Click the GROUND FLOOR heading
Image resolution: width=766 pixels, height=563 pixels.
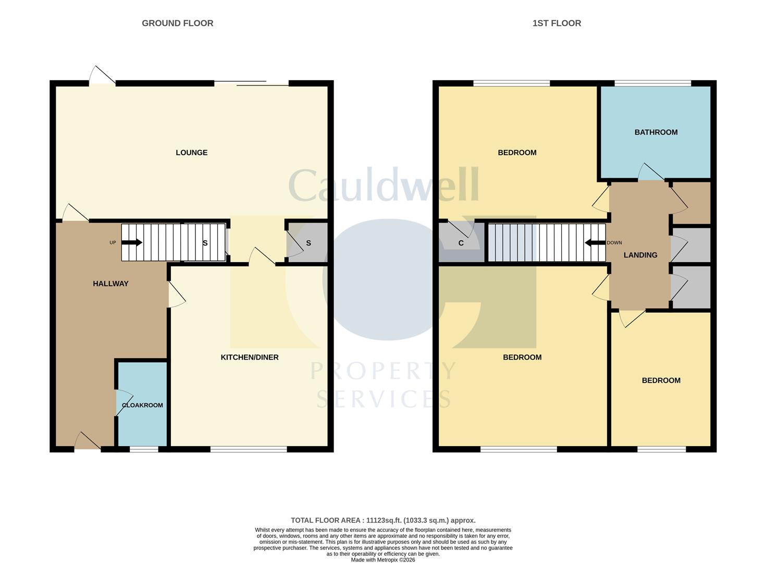coord(177,23)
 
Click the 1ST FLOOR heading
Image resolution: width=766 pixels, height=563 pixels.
coord(557,23)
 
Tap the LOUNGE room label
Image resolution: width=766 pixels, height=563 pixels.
coord(191,153)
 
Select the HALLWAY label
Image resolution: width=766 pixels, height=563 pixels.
coord(110,284)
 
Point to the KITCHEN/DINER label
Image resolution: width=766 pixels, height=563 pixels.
coord(250,357)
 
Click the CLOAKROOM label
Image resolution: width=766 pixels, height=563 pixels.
coord(142,405)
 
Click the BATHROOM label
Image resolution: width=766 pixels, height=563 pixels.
coord(656,132)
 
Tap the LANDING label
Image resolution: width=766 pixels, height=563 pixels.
coord(640,255)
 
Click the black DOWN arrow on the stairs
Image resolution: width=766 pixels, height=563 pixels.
coord(595,242)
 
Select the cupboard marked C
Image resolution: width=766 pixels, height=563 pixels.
coord(461,243)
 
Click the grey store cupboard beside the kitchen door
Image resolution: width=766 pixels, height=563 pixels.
coord(308,243)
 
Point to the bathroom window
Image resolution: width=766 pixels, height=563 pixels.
coord(652,83)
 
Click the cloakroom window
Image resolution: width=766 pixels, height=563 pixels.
coord(144,449)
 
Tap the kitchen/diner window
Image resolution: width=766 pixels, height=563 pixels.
coord(249,449)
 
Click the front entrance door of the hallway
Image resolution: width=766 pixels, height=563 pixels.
coord(88,442)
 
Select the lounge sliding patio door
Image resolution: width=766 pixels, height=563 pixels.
coord(251,83)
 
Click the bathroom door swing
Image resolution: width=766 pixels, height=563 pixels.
coord(650,173)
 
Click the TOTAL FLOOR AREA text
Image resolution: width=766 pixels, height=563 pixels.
coord(382,520)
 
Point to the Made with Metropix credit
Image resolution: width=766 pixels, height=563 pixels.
coord(382,560)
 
